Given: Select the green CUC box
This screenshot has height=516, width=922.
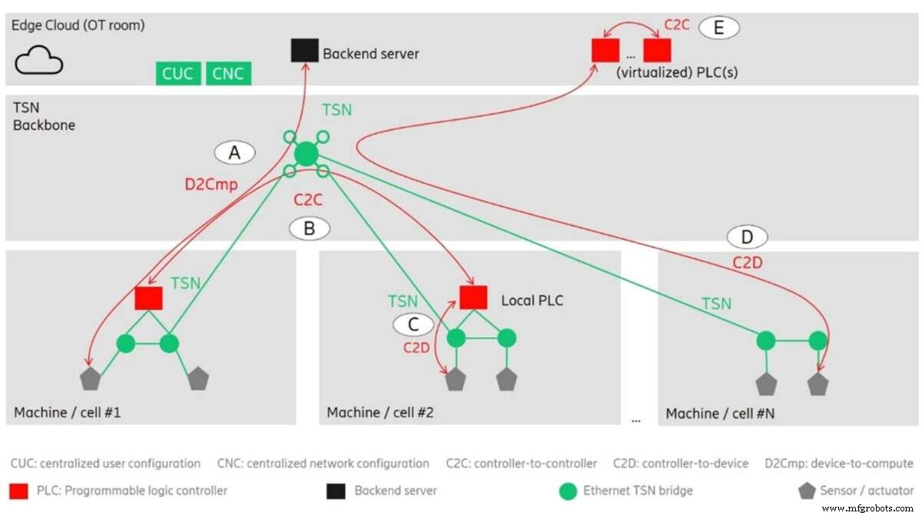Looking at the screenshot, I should (177, 74).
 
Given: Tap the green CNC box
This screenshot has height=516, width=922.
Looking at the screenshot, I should (228, 74).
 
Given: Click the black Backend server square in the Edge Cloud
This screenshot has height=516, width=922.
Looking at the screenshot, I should (304, 52).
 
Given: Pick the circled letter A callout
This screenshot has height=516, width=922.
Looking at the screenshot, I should (235, 154).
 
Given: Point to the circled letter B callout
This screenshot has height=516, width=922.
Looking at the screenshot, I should (309, 228).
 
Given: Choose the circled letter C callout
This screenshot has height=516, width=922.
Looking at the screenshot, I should (413, 325).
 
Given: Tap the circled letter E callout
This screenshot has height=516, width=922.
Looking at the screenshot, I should (718, 28).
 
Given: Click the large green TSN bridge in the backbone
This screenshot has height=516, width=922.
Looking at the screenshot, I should (306, 154).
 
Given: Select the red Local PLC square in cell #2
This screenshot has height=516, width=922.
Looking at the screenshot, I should (473, 298).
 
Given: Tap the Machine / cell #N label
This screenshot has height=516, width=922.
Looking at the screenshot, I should (720, 414).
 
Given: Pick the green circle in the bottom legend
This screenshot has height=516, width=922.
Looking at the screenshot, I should (568, 490).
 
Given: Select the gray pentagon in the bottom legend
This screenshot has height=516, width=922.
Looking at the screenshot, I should (805, 490).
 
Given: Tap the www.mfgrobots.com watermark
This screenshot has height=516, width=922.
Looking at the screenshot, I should (867, 508).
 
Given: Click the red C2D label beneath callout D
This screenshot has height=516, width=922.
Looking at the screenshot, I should (747, 263).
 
